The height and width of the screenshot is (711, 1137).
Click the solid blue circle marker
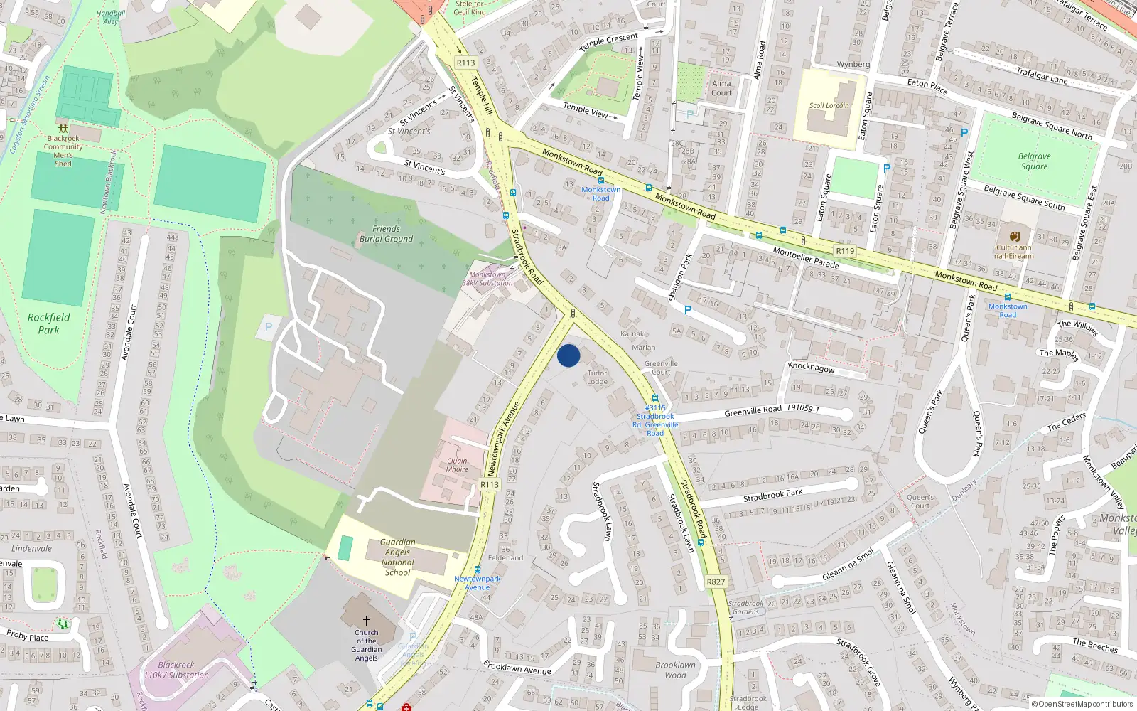(x=568, y=355)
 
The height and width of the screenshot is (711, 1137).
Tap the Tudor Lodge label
(x=597, y=378)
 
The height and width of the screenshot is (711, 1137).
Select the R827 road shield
(x=716, y=582)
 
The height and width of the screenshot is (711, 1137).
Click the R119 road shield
(x=845, y=251)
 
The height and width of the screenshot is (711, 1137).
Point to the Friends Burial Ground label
(x=386, y=234)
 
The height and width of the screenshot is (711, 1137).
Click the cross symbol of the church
(x=367, y=621)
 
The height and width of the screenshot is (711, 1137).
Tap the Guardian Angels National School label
(x=397, y=557)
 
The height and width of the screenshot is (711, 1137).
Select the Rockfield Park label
(x=49, y=324)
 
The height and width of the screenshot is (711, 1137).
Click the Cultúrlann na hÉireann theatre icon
(x=1014, y=236)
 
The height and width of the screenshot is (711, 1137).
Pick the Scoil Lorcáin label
(x=829, y=105)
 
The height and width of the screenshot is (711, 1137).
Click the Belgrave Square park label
(x=1034, y=161)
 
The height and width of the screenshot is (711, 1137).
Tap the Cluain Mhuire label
(x=457, y=465)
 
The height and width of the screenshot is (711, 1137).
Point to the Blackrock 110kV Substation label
(x=176, y=670)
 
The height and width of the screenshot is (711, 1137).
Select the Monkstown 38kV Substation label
(x=487, y=279)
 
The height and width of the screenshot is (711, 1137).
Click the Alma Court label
(x=721, y=87)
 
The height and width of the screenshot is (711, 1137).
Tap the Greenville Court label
(x=661, y=368)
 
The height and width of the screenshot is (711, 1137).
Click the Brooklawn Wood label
(x=676, y=670)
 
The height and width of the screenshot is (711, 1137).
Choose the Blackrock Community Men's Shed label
(x=63, y=151)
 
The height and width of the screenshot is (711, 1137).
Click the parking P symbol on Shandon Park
(x=687, y=310)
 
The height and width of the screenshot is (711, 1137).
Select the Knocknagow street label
(x=812, y=368)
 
